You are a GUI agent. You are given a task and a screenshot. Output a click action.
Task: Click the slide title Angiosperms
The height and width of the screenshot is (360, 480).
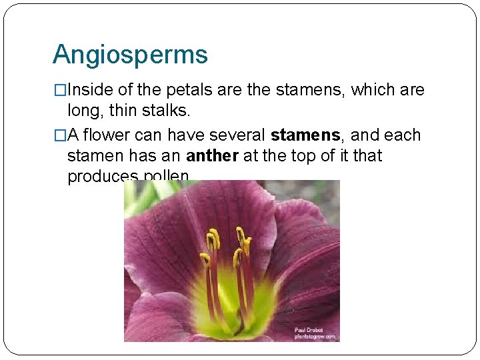130,55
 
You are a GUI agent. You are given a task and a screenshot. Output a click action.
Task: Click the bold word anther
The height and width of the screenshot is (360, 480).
210,156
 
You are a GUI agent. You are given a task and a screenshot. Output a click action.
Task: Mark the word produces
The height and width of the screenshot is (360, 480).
102,176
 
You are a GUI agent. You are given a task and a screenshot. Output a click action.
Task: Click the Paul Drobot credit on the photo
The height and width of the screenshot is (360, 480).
308,330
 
